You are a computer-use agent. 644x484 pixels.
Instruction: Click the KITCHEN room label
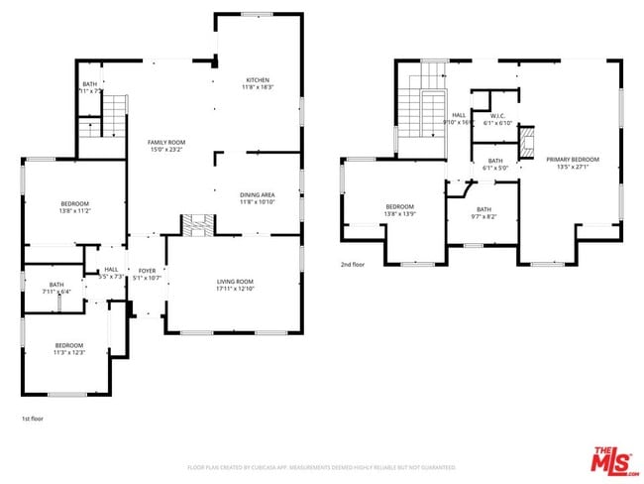click(x=258, y=80)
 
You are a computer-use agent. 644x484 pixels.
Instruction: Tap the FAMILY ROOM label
click(x=166, y=143)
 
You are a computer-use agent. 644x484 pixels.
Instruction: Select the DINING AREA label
click(x=257, y=194)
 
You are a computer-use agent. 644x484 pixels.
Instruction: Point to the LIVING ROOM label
click(x=236, y=282)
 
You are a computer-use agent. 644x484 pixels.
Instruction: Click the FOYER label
click(x=147, y=270)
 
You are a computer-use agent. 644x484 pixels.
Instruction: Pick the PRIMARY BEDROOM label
click(x=573, y=160)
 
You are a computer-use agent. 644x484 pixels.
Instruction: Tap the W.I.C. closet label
click(x=497, y=116)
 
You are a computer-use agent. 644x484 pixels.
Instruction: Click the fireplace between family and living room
click(x=196, y=224)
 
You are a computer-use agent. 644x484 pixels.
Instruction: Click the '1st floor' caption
click(x=32, y=419)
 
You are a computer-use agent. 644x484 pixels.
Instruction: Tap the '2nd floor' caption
click(x=353, y=265)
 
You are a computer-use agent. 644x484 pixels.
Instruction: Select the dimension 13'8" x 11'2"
click(x=74, y=211)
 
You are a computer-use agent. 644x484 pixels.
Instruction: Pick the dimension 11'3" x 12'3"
click(x=69, y=352)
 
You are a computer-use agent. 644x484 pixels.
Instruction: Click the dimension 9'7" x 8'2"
click(x=483, y=215)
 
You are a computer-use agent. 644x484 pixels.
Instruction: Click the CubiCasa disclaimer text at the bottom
click(x=321, y=467)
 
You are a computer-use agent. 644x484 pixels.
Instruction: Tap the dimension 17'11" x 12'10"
click(x=236, y=289)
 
